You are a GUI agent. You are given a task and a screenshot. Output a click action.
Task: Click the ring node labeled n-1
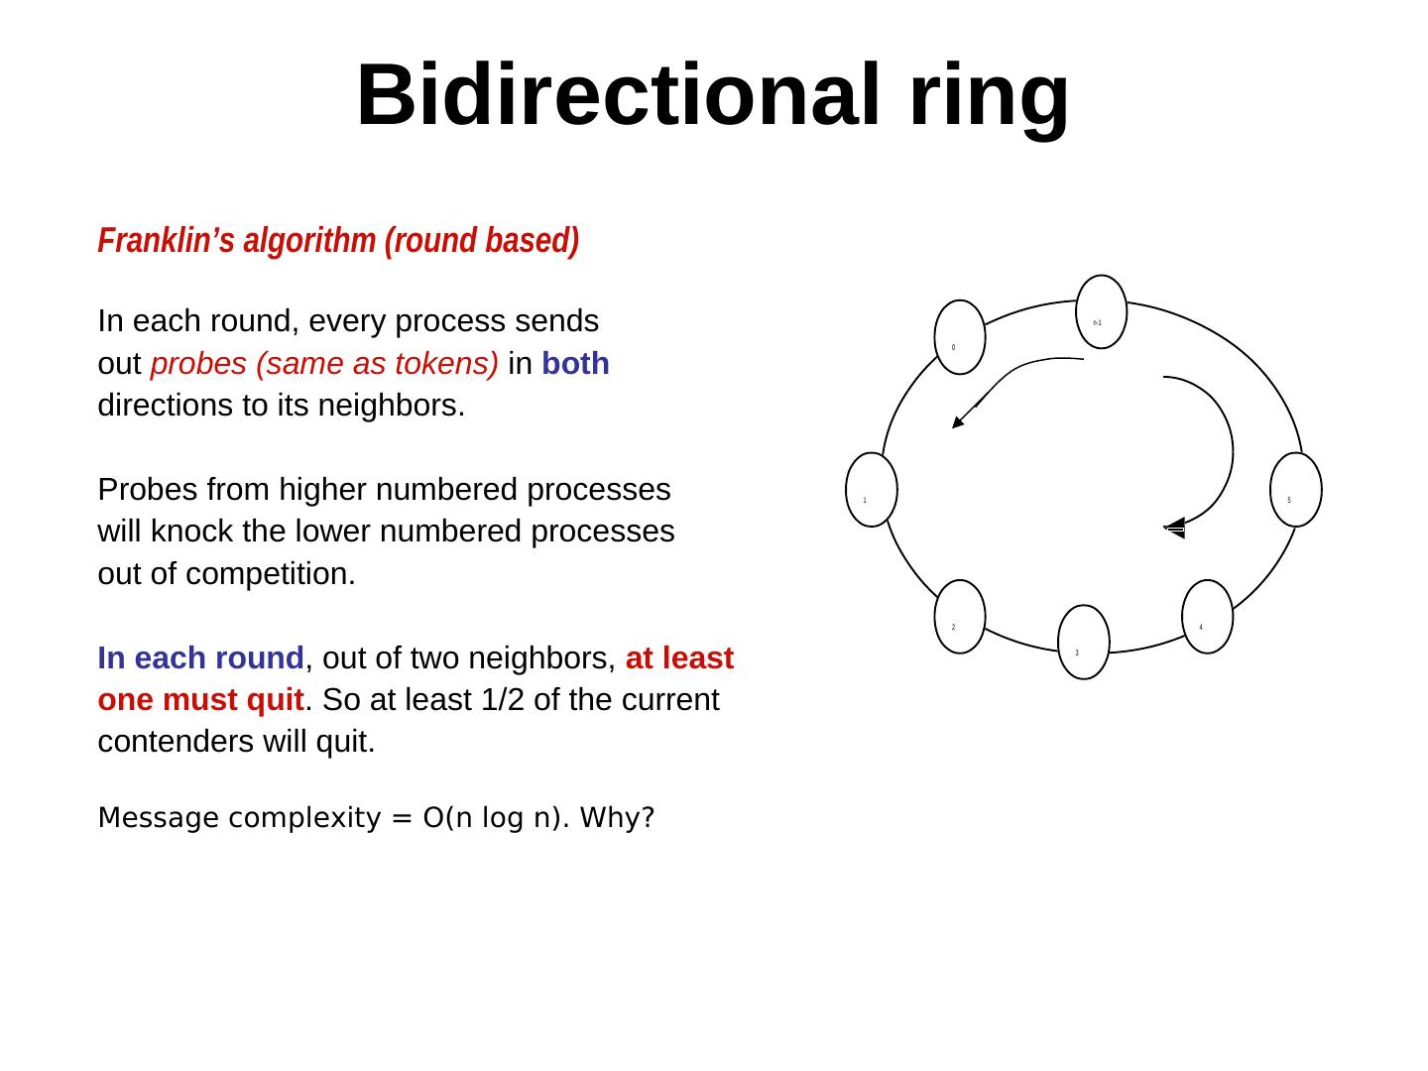[1102, 311]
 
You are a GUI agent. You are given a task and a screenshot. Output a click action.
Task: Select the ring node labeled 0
[959, 337]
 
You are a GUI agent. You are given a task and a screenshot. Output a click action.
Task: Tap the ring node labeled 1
[872, 490]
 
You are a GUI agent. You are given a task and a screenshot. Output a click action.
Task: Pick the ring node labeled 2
[960, 617]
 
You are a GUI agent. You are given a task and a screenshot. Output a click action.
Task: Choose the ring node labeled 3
[1083, 643]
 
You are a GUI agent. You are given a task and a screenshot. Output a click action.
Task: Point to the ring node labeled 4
[1207, 617]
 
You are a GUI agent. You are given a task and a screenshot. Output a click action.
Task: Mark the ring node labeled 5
[1296, 490]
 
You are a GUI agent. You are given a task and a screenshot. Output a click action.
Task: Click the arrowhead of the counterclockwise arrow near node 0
[957, 422]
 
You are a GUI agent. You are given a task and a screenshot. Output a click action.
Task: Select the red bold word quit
[273, 700]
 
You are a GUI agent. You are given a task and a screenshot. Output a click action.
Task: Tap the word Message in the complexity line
[159, 819]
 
